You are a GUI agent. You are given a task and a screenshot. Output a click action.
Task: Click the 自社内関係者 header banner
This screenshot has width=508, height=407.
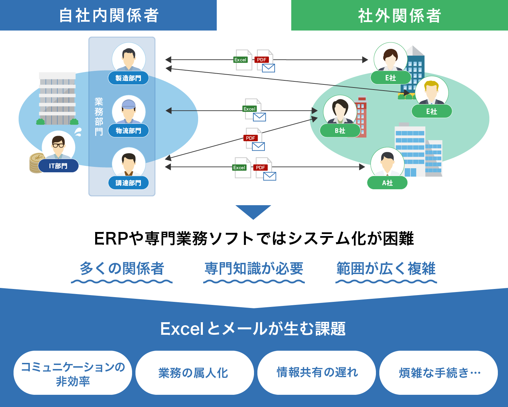pos(108,15)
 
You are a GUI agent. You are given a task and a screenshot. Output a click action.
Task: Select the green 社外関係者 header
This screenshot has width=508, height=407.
pos(400,15)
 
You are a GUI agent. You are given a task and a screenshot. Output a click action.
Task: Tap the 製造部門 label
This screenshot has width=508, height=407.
pos(128,78)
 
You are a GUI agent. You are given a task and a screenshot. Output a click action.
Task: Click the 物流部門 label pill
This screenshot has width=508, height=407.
pos(128,131)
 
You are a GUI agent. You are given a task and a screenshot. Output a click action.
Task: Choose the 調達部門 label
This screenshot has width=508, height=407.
pos(128,183)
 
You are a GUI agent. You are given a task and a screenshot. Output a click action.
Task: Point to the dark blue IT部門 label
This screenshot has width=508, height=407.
pos(58,166)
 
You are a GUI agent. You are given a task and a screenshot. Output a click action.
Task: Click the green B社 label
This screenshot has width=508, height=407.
pos(340,131)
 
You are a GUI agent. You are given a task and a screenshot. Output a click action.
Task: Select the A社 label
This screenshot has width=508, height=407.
pos(387,183)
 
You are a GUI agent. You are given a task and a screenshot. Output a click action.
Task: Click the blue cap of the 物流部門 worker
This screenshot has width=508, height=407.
pos(128,104)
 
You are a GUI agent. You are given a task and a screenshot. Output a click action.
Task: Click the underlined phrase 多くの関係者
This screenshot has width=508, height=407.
pos(122,269)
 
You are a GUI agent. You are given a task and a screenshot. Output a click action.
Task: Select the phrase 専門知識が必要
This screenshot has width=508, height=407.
pos(254,269)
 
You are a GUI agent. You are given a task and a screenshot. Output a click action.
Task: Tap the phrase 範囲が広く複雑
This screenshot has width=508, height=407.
pos(386,269)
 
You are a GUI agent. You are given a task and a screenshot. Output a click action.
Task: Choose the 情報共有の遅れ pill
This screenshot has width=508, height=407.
pos(317,373)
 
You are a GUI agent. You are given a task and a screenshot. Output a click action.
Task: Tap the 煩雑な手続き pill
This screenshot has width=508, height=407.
pos(439,373)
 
